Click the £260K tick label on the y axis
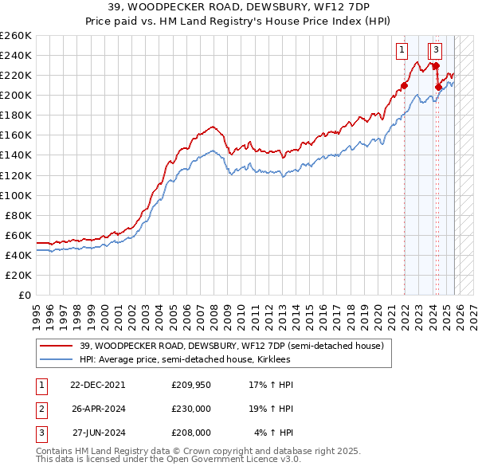point(16,36)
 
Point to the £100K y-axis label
point(16,195)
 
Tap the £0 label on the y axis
point(25,295)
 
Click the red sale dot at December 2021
point(404,85)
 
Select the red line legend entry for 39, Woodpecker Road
point(232,346)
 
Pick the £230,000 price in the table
point(191,409)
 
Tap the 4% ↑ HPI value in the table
point(273,433)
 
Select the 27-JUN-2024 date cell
point(98,433)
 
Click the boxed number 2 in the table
point(41,409)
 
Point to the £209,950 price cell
point(191,385)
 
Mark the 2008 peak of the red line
point(212,126)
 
